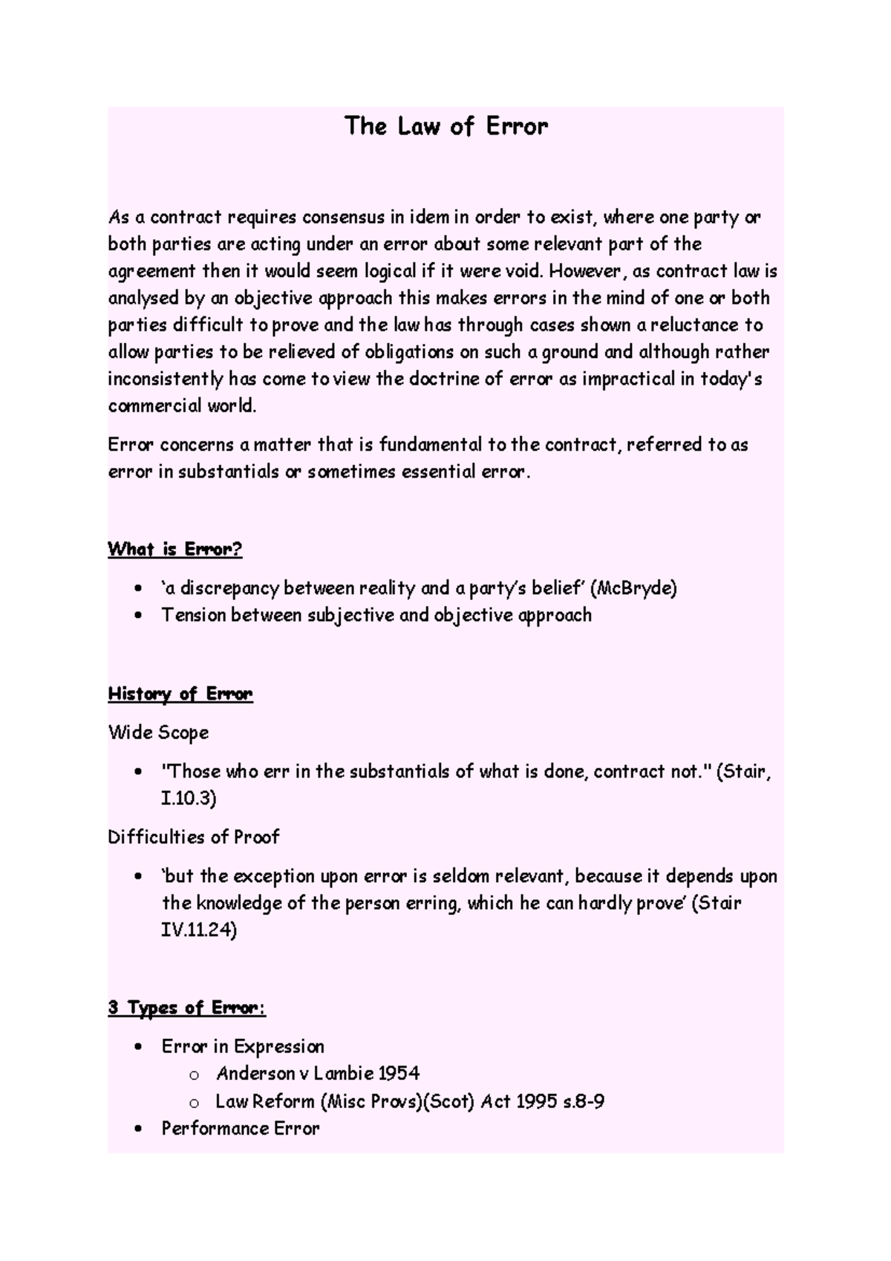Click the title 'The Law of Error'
(446, 126)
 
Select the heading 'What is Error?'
(175, 550)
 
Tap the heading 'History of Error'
(180, 694)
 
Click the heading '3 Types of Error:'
(186, 1008)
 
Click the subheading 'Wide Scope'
(158, 733)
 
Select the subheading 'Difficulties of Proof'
(193, 838)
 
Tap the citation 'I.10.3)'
(189, 799)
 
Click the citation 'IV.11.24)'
(199, 930)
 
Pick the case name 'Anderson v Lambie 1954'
(318, 1074)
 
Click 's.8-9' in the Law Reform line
(584, 1101)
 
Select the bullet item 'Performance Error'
(241, 1129)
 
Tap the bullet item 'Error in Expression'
(243, 1047)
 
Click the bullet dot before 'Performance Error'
(138, 1130)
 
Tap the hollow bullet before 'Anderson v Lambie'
(194, 1075)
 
